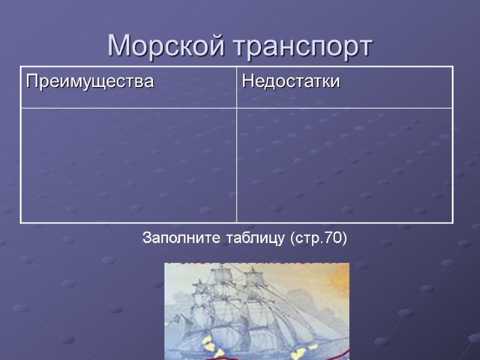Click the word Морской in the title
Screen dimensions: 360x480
pos(165,46)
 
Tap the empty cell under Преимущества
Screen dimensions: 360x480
pos(128,165)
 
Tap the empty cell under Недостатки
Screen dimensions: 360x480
pos(344,165)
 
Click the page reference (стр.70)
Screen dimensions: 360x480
pos(318,239)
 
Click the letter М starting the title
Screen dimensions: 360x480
pos(119,46)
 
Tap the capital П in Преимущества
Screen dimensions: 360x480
pos(30,81)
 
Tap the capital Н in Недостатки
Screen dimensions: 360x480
pos(246,81)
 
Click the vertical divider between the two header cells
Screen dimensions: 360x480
pos(237,87)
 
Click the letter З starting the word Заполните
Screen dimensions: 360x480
pos(146,239)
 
